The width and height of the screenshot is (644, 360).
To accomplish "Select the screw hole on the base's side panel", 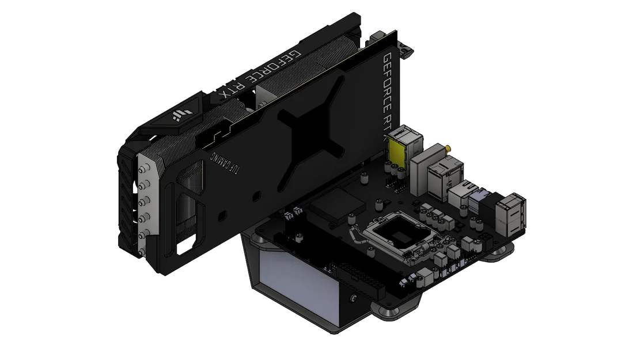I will click(353, 299).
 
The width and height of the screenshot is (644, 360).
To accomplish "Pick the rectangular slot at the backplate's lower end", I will click(187, 249).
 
